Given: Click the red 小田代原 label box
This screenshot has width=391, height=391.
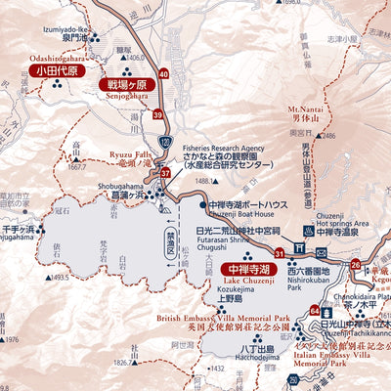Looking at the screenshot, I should [x=55, y=70].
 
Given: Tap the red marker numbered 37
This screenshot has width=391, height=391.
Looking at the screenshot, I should [x=166, y=173].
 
